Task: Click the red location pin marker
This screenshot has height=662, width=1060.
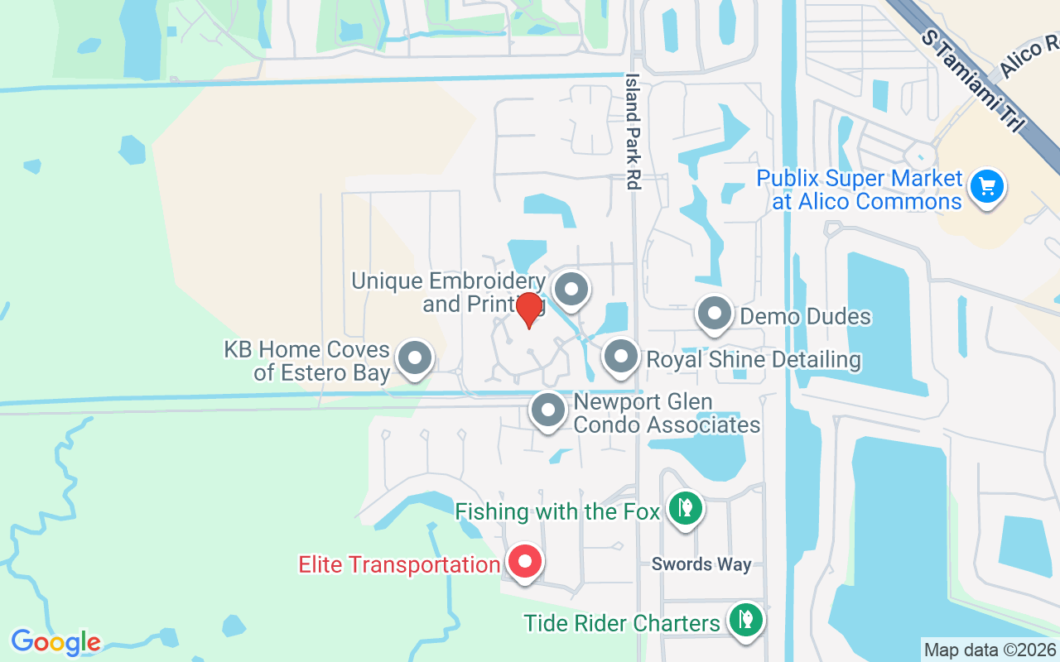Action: (528, 310)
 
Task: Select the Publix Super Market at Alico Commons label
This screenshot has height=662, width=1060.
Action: (860, 189)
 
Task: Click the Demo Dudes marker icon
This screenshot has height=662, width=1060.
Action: (714, 314)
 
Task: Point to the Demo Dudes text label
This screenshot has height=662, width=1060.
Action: (805, 316)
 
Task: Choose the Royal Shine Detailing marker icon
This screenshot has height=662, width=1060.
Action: (620, 357)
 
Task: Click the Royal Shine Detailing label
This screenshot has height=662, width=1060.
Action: (754, 360)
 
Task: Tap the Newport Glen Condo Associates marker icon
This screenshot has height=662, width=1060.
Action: (547, 410)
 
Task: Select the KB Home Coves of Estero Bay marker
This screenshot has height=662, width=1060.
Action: (415, 359)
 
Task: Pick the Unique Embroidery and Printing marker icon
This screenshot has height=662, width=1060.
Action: (570, 290)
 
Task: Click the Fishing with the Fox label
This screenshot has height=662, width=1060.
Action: (557, 512)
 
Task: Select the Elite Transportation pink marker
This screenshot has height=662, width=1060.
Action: (524, 563)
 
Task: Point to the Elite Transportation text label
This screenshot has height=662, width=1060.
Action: (398, 565)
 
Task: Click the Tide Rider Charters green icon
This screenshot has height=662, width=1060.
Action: (744, 618)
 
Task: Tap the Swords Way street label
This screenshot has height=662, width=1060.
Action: (701, 564)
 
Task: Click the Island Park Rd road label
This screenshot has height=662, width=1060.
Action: (634, 132)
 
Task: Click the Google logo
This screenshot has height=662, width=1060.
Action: (55, 641)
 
